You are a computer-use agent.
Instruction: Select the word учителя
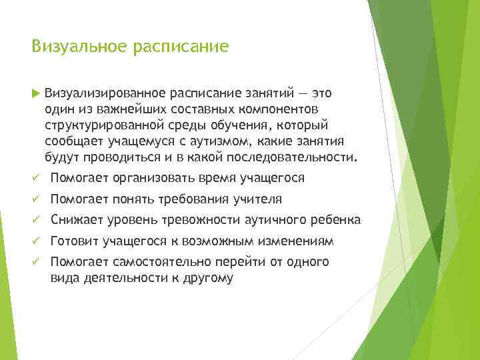259,199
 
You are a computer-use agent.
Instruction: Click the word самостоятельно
156,262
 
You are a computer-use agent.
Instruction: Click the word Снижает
75,220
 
